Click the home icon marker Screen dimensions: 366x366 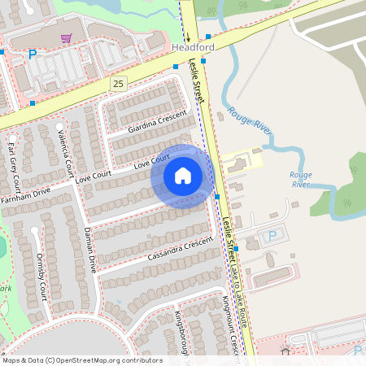click(183, 175)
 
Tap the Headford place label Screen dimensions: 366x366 click(194, 48)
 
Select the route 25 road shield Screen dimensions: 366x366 click(119, 83)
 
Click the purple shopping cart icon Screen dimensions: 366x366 click(66, 37)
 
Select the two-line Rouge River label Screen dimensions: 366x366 click(301, 179)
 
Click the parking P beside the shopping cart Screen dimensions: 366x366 click(33, 54)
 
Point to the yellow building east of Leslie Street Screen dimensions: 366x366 click(242, 163)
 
